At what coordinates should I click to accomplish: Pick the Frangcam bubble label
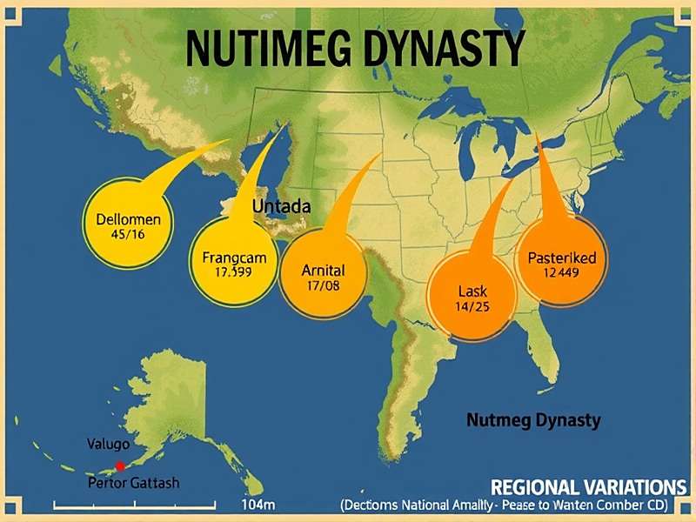pos(233,258)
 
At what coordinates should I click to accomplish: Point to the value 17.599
pos(232,271)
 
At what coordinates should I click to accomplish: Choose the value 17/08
pos(323,284)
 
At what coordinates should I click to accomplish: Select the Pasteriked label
pos(562,258)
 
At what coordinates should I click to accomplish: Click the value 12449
pos(562,272)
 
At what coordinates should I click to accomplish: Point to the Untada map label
pos(282,207)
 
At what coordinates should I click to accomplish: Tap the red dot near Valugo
pos(120,466)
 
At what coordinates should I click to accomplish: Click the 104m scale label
pos(258,505)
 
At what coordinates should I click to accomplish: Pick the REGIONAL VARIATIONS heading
pos(588,486)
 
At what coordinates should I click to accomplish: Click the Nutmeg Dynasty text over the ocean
pos(533,420)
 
